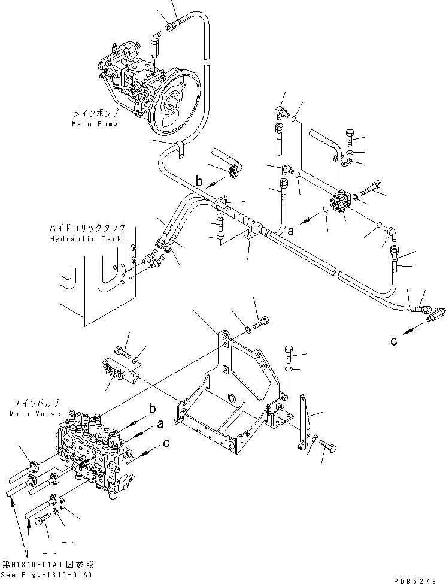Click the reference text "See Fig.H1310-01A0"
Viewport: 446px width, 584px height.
coord(47,575)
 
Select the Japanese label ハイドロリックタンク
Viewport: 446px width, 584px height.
coord(87,228)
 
